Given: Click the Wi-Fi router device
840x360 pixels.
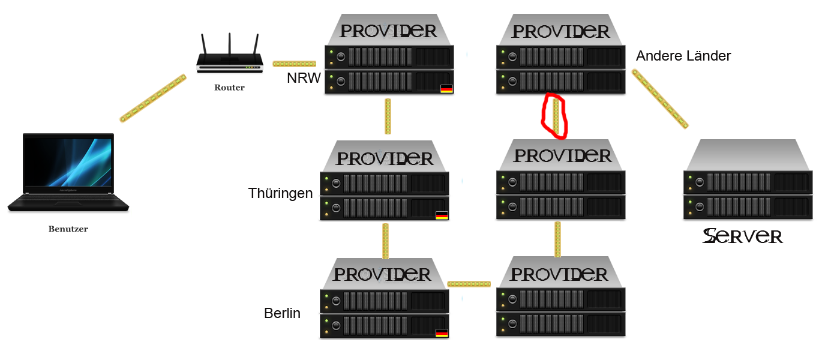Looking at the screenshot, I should click(229, 62).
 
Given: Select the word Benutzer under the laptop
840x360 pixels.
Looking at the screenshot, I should click(68, 229).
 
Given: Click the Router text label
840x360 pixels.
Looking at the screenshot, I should click(229, 88).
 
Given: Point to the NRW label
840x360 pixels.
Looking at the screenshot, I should click(304, 79).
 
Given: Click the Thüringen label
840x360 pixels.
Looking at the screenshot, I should click(280, 193).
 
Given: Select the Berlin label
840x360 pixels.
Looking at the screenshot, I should click(282, 313).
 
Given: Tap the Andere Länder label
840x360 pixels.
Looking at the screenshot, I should click(683, 56).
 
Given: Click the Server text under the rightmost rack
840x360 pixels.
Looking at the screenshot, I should click(743, 236).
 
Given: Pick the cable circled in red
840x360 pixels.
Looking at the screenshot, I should click(556, 116).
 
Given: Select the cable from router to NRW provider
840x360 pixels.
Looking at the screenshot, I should click(294, 64).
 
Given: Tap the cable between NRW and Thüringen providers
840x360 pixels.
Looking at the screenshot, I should click(388, 116).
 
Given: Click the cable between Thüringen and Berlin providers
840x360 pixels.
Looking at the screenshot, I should click(385, 241).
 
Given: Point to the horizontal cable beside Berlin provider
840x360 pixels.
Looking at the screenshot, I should click(469, 283).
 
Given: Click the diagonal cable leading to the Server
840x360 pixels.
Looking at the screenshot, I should click(659, 99).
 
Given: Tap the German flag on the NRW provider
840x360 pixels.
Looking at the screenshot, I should click(446, 89).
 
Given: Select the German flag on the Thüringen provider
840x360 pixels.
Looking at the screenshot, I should click(442, 215).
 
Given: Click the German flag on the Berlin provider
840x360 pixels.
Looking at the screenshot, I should click(442, 332).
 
